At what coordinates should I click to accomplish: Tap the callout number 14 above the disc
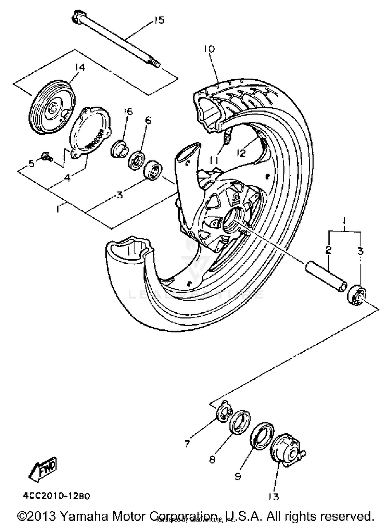point(80,68)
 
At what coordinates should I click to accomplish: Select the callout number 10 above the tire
point(209,49)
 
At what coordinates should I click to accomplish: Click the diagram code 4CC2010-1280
point(56,496)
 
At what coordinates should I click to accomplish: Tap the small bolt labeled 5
point(47,156)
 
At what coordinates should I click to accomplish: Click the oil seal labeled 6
point(137,160)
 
